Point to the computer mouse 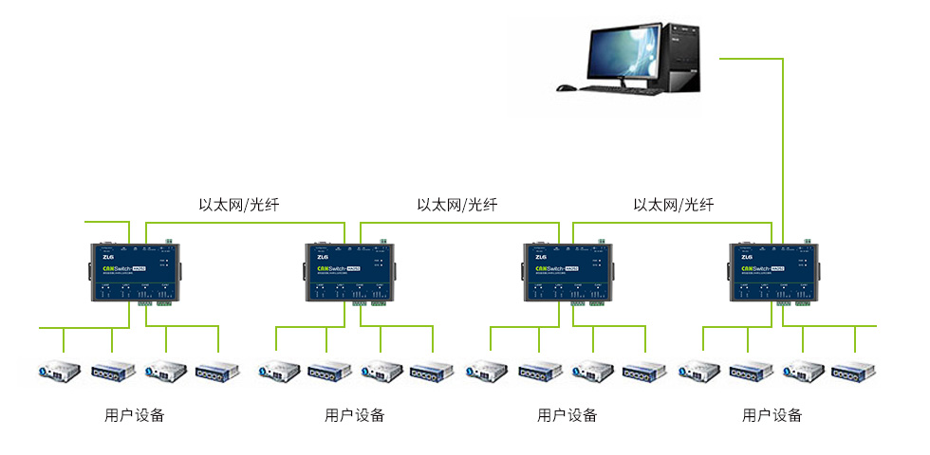click(566, 88)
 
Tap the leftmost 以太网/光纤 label click(238, 205)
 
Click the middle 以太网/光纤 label click(456, 205)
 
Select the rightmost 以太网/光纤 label click(673, 205)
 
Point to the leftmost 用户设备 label click(134, 415)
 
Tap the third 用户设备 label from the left click(567, 415)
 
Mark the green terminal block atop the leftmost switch click(168, 242)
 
